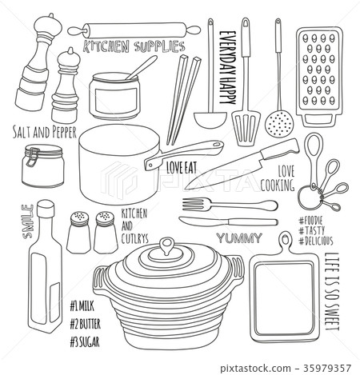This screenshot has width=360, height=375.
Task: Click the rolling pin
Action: point(134,30)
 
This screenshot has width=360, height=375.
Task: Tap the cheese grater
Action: point(319,77)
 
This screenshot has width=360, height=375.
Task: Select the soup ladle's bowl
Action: point(210,120)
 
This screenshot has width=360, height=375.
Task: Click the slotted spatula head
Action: point(246,128)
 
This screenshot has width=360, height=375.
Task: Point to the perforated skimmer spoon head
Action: point(279,124)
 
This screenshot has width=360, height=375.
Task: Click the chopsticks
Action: point(183,100)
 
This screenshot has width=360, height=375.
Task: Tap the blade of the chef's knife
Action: point(226,170)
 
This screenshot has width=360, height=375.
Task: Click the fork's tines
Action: point(193,204)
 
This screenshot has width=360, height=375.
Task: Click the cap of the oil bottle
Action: point(46,208)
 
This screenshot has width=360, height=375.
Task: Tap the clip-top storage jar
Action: point(43,166)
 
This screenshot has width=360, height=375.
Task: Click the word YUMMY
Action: point(239,238)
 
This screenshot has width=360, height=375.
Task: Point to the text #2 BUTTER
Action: point(86,325)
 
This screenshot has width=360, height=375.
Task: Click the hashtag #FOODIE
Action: point(310,221)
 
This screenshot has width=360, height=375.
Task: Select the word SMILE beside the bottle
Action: point(27,221)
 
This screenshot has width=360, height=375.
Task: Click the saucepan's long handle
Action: point(184,154)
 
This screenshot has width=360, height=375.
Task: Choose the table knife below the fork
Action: point(228,221)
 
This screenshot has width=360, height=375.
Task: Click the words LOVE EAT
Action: point(182,168)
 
